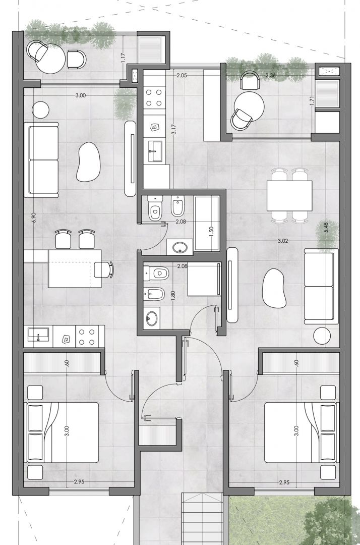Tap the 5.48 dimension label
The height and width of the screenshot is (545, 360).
click(325, 228)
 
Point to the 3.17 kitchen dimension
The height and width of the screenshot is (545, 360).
click(174, 129)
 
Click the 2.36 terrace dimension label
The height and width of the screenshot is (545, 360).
click(270, 75)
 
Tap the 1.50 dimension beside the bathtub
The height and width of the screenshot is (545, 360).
click(211, 232)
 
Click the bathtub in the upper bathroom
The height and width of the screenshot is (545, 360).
click(207, 224)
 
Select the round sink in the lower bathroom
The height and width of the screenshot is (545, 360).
click(152, 318)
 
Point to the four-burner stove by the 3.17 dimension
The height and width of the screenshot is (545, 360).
click(154, 98)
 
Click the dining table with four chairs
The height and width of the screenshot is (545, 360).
click(289, 196)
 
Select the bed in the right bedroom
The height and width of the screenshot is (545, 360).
click(302, 432)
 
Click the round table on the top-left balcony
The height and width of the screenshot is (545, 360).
click(50, 59)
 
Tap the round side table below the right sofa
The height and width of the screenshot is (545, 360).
click(322, 336)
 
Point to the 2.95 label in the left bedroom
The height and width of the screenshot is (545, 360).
click(79, 482)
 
